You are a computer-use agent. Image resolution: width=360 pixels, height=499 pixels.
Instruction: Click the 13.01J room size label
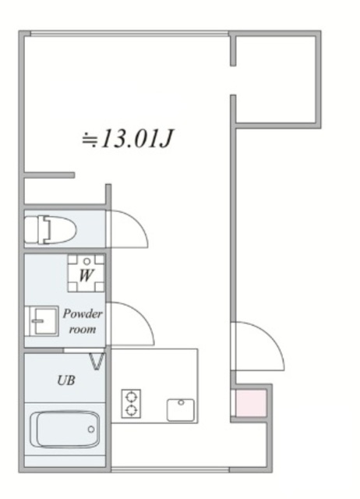click(x=128, y=139)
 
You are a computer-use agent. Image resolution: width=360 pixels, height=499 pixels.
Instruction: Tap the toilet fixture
click(x=51, y=230)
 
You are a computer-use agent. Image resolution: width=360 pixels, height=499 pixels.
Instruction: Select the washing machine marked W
click(x=86, y=274)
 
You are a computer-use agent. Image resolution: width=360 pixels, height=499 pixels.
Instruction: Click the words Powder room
click(x=83, y=321)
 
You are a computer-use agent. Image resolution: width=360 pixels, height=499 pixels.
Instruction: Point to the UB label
click(x=66, y=380)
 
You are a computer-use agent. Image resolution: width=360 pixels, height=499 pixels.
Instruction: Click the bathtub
click(x=65, y=430)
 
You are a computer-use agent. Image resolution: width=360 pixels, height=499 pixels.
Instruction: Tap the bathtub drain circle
click(x=91, y=430)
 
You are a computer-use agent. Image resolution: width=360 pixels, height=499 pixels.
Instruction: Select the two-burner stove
click(x=131, y=403)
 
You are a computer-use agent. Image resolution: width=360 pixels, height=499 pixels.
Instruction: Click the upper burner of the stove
click(x=131, y=397)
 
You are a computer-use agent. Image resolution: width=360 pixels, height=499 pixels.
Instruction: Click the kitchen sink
click(x=181, y=410)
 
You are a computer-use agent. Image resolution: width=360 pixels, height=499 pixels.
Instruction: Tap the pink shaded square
click(x=251, y=403)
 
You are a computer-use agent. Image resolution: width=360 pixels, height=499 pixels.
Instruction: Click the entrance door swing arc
click(x=274, y=338)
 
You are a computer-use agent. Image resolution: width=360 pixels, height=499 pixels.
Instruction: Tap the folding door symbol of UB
click(x=98, y=361)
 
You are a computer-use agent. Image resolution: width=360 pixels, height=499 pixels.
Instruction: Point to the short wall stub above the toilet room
click(x=50, y=175)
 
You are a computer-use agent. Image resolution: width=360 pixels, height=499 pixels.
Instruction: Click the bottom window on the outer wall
click(x=170, y=469)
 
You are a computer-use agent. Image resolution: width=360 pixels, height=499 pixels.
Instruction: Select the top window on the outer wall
click(x=129, y=34)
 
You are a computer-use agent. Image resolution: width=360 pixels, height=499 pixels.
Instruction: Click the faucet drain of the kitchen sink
click(x=181, y=402)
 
